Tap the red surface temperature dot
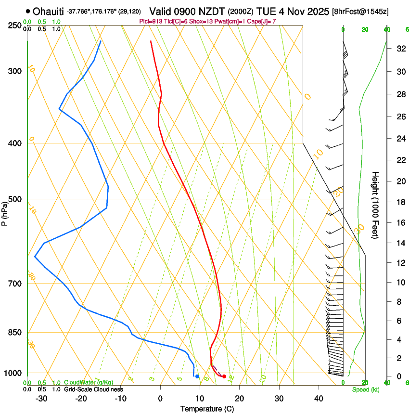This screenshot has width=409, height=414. (x=224, y=376)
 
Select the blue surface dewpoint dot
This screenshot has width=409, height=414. (x=197, y=376)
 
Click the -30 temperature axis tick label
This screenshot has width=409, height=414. (x=41, y=399)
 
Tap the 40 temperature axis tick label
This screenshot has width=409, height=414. (x=319, y=399)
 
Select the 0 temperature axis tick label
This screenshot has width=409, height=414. (x=160, y=399)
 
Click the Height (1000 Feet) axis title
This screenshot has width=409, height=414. (x=375, y=205)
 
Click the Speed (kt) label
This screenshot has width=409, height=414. (x=365, y=389)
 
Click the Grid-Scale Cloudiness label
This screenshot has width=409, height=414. (x=93, y=389)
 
